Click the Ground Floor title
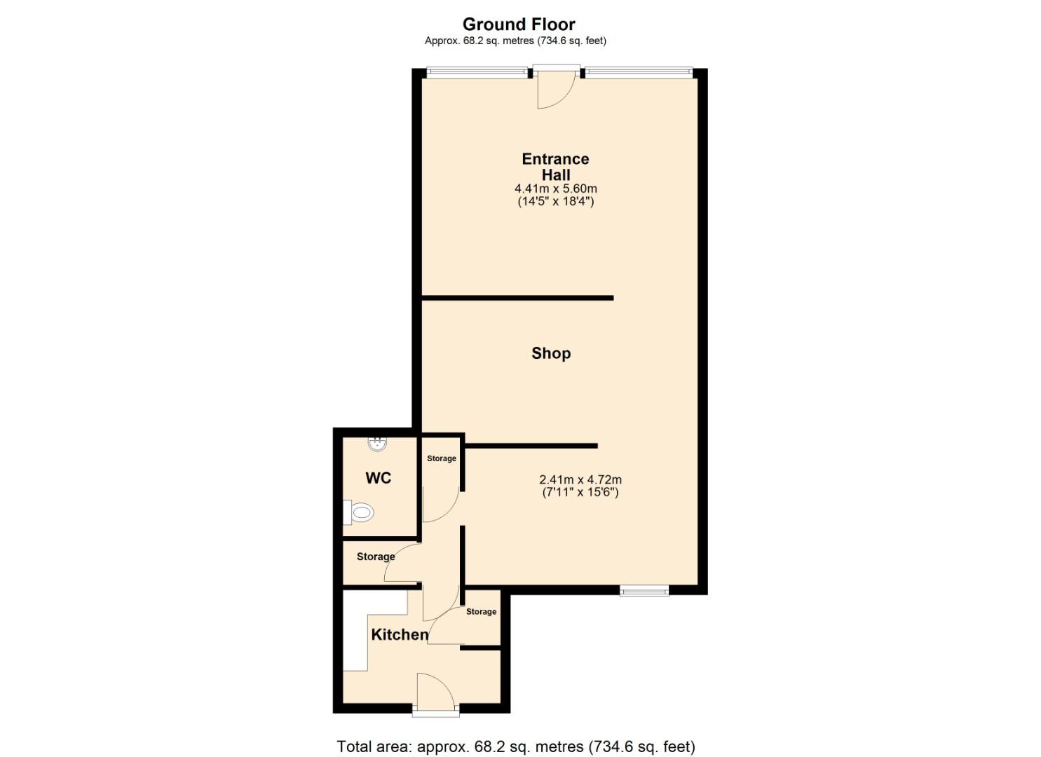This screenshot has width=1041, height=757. point(519,25)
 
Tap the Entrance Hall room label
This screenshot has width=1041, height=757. point(555,167)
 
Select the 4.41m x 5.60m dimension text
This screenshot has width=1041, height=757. point(555,189)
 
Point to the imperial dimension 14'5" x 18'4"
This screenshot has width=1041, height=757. point(555,202)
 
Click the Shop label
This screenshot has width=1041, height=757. point(551,353)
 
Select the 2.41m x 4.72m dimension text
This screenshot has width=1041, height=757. point(580,480)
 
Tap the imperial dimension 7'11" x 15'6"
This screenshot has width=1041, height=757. point(580,492)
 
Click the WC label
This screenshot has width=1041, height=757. point(378,478)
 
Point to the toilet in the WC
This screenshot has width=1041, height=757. point(359,513)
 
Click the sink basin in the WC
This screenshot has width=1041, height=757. point(377,443)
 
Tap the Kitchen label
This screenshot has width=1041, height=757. point(400,634)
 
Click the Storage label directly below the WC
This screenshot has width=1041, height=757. point(375,557)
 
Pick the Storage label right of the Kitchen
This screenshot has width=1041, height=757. point(481,612)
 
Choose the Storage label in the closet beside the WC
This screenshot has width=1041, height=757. point(442,458)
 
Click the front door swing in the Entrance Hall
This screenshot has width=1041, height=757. point(555,90)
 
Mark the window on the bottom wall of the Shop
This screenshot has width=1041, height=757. point(644,591)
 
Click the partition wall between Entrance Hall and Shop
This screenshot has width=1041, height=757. point(517,298)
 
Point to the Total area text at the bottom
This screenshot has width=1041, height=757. point(516,746)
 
